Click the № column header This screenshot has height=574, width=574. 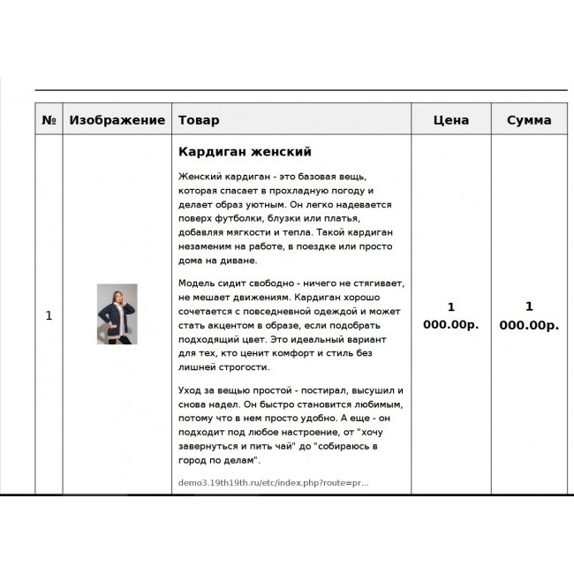tap(49, 120)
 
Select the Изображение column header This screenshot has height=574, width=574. tap(117, 120)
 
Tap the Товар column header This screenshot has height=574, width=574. tap(199, 120)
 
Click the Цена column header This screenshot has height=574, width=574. tap(450, 120)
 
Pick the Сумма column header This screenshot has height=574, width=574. tap(529, 120)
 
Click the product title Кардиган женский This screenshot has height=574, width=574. tap(245, 152)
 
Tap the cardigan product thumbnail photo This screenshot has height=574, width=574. tap(117, 314)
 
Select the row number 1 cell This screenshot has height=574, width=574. tap(49, 315)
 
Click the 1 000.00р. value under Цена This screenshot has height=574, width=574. tap(450, 315)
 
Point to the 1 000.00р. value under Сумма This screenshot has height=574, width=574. tap(529, 315)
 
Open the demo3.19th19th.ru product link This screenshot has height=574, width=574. tap(274, 483)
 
